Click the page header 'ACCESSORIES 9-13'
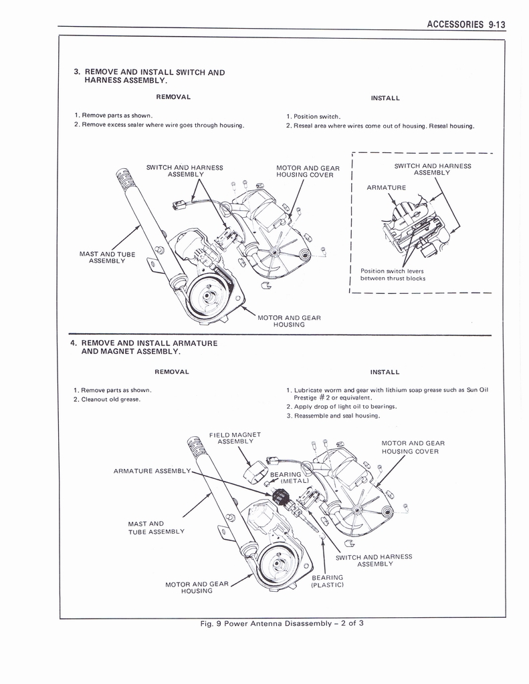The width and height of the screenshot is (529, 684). [465, 25]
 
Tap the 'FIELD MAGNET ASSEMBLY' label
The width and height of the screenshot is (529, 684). [234, 438]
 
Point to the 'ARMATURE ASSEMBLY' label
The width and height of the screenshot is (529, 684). [152, 471]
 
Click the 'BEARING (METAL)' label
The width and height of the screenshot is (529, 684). [288, 478]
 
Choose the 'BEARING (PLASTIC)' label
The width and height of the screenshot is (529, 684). [327, 581]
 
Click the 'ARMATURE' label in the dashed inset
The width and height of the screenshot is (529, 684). [386, 188]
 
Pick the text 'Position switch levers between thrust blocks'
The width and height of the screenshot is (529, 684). [393, 275]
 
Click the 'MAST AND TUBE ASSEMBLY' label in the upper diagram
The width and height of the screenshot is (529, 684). [107, 257]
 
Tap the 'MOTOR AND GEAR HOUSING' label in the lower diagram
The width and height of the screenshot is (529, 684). [197, 588]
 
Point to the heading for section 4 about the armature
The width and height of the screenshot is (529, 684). [144, 347]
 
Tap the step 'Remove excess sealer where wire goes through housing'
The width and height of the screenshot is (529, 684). [159, 125]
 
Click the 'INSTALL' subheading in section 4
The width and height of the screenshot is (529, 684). [385, 372]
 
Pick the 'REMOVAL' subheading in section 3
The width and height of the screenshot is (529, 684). [173, 97]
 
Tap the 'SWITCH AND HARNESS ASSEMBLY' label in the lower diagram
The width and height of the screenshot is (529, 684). [373, 560]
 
